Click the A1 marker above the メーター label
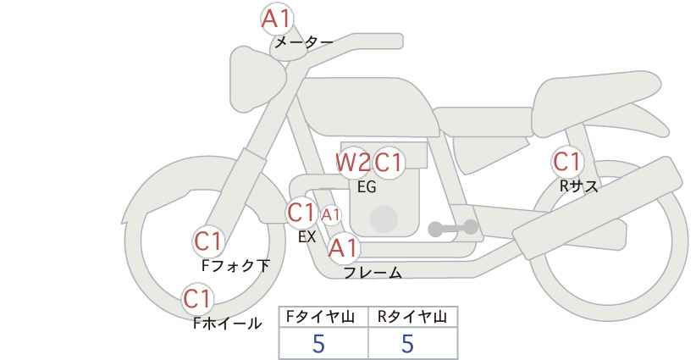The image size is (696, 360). [x=277, y=19]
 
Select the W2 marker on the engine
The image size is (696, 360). [x=353, y=163]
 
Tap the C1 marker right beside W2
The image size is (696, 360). [x=388, y=163]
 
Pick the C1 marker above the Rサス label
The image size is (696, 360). [x=566, y=162]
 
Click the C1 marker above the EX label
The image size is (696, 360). [x=301, y=213]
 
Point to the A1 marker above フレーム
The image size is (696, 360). [x=343, y=248]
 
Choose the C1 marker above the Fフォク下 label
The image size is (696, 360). [x=207, y=242]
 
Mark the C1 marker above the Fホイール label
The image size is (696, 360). [x=197, y=299]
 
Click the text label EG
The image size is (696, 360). [x=367, y=187]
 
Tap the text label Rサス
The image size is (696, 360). [x=578, y=186]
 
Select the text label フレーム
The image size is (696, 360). [x=373, y=273]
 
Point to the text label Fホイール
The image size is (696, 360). [x=227, y=324]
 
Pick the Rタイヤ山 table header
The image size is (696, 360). [x=412, y=317]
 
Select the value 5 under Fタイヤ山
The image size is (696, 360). [x=318, y=344]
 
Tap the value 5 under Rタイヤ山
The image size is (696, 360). [x=407, y=344]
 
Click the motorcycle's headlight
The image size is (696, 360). [x=256, y=80]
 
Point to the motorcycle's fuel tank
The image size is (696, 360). [x=368, y=107]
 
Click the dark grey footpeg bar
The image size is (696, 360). [x=453, y=228]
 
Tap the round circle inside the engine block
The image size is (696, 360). [x=384, y=219]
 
